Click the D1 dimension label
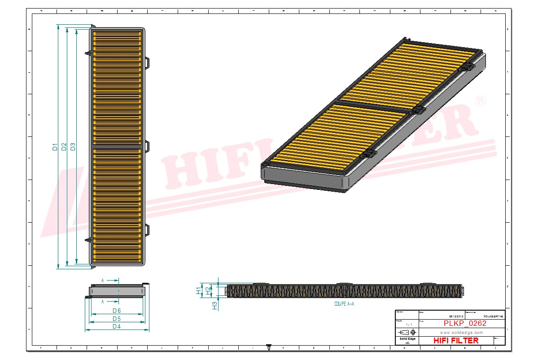tap(55, 147)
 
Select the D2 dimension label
tap(64, 147)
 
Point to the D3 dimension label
tap(73, 147)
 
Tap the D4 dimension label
tap(117, 327)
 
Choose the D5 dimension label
tap(117, 319)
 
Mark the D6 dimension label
tap(117, 311)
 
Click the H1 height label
tap(199, 290)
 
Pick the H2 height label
tap(208, 290)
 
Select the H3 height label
tap(215, 306)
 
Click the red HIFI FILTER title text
tap(456, 341)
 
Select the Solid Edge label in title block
tap(407, 339)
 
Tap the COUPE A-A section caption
tap(344, 304)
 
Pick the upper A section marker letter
tap(103, 281)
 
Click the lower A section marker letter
tap(103, 301)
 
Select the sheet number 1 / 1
tap(407, 324)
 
